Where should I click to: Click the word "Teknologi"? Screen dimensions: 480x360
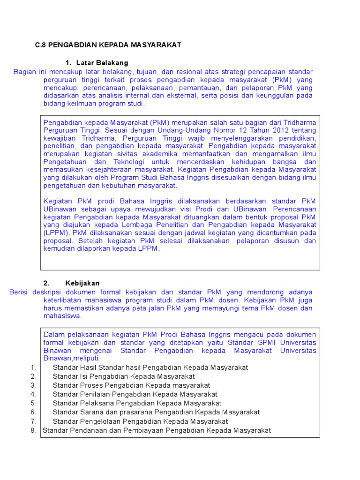pyautogui.click(x=131, y=162)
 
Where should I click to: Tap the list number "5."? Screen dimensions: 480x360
pyautogui.click(x=33, y=403)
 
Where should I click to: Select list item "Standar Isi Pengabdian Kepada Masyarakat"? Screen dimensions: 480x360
pyautogui.click(x=124, y=376)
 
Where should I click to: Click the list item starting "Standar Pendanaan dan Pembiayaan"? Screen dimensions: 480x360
pyautogui.click(x=157, y=430)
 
